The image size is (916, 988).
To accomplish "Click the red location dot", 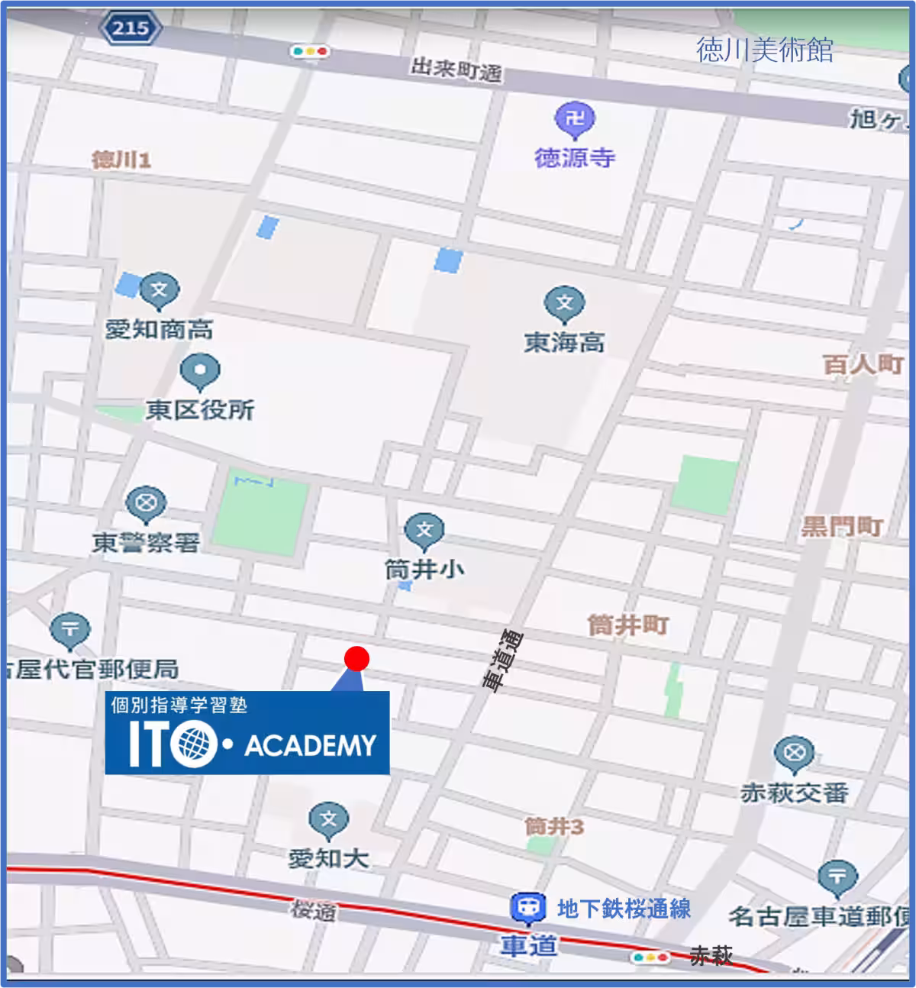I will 356,658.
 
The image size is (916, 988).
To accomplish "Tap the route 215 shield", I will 130,29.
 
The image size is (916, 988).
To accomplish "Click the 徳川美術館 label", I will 764,50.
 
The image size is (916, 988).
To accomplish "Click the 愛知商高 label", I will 159,330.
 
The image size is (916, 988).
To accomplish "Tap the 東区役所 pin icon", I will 200,372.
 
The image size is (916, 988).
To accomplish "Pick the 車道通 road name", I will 502,660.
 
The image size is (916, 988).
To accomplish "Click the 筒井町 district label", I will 627,625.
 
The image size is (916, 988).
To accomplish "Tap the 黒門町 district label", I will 842,527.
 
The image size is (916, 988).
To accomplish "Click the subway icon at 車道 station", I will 527,909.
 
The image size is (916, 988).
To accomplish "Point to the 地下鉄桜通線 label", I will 624,909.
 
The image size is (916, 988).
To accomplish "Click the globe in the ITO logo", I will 195,744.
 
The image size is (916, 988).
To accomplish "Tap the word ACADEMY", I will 311,746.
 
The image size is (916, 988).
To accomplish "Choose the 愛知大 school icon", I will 328,820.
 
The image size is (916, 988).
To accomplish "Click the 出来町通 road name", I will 456,70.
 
